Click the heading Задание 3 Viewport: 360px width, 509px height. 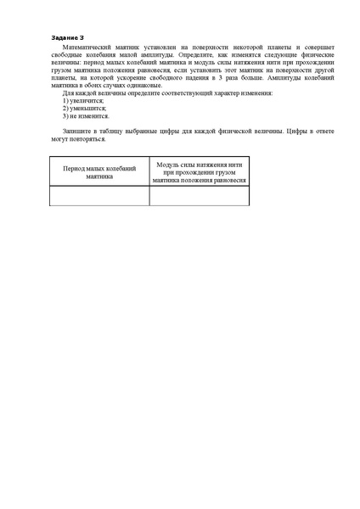click(68, 38)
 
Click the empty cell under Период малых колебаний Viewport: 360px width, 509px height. click(99, 196)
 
